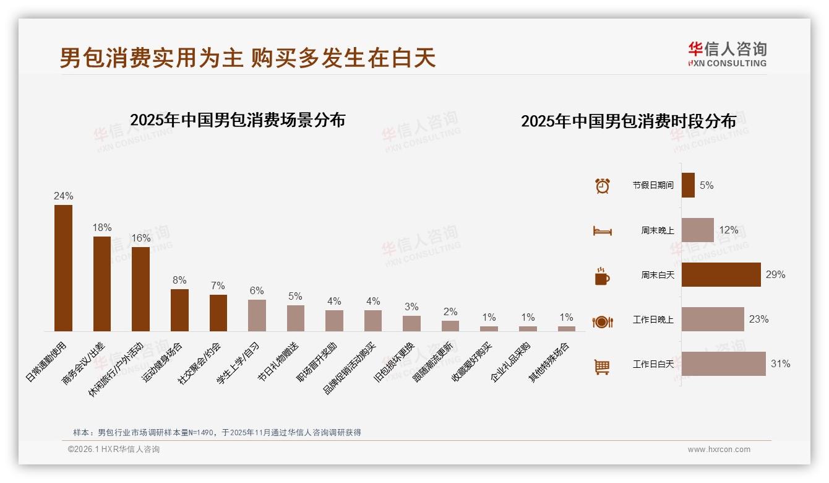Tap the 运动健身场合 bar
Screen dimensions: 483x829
pos(179,310)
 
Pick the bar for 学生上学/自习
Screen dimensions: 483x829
pos(257,315)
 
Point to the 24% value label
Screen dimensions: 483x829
pos(64,196)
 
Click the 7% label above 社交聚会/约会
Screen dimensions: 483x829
pos(218,285)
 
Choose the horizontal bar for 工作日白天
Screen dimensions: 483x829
pos(724,363)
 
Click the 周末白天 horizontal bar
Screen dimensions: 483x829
pos(721,274)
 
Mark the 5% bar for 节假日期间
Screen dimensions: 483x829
pos(688,185)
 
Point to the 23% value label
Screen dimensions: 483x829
pos(758,320)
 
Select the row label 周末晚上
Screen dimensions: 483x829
pos(658,230)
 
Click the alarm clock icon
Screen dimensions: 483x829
pos(602,186)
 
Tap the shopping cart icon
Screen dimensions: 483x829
pos(602,367)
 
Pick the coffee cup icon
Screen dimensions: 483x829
pos(602,276)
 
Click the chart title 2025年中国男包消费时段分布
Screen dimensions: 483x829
pos(629,121)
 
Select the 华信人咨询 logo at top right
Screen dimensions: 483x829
pos(728,54)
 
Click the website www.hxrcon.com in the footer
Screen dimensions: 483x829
pos(719,450)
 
